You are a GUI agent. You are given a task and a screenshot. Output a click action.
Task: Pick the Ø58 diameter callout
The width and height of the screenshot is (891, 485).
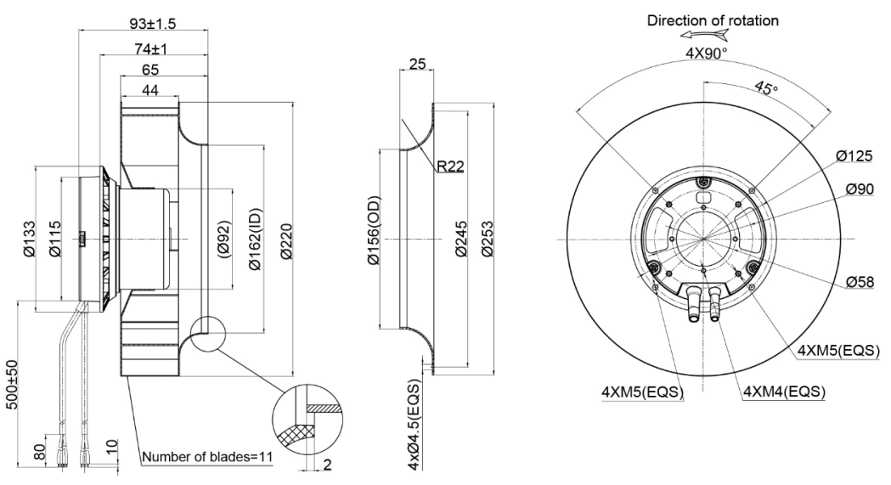[860, 282]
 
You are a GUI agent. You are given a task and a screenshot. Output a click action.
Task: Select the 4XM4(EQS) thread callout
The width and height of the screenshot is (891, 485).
[784, 392]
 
